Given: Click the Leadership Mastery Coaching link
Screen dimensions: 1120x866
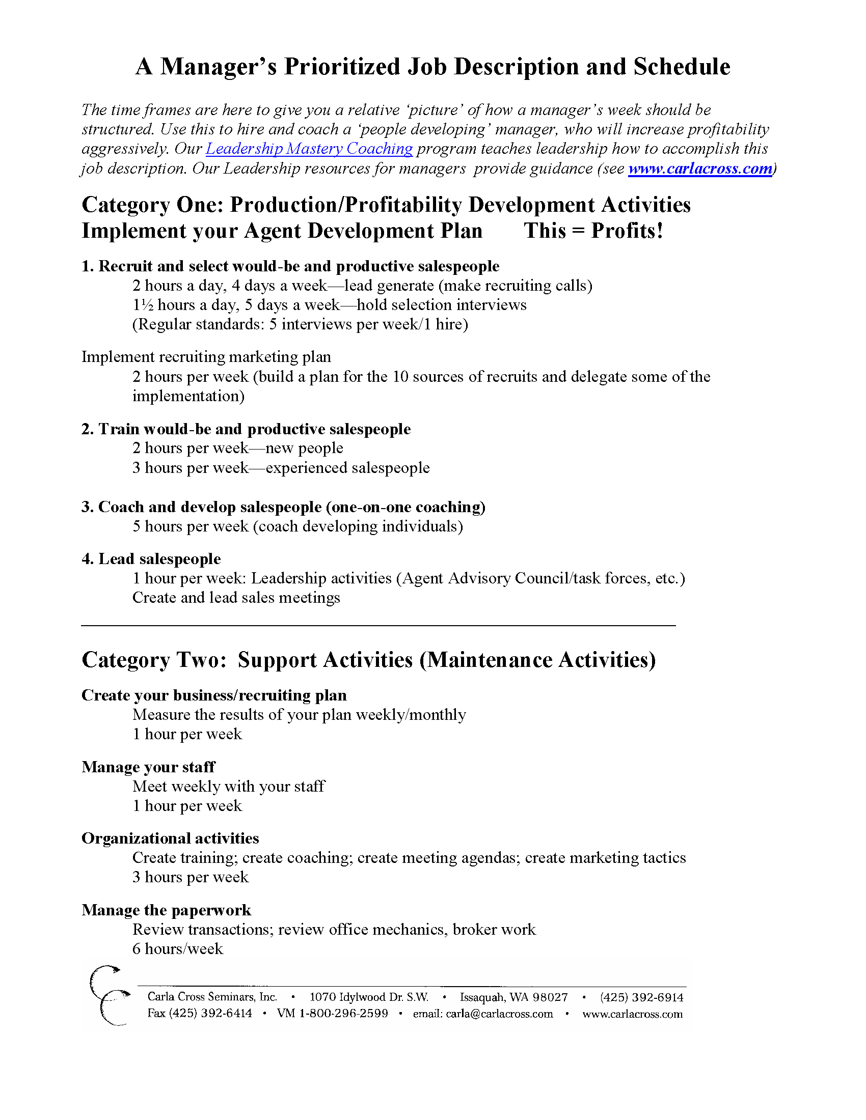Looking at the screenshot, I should (309, 149).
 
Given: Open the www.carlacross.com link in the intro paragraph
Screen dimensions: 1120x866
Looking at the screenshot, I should (700, 169).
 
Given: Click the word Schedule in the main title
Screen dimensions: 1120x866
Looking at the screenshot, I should (682, 67).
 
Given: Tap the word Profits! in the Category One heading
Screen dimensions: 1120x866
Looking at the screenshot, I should (627, 231).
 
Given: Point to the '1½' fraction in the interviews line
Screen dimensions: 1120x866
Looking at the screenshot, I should (143, 305).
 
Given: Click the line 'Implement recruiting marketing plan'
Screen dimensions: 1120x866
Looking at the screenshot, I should (206, 357).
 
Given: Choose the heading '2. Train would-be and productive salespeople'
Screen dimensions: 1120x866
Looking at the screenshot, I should (246, 429).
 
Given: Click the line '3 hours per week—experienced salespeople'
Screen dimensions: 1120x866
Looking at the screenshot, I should (281, 468).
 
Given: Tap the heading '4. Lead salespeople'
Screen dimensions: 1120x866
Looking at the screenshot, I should (151, 559).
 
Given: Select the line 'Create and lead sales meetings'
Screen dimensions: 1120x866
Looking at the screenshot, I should (236, 598).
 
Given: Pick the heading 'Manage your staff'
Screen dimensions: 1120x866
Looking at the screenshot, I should (148, 767).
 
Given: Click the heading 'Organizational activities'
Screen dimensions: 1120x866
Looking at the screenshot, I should (170, 838).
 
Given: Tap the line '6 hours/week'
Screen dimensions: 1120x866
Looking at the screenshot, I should (177, 949).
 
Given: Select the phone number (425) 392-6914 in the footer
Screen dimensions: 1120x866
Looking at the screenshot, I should (641, 997).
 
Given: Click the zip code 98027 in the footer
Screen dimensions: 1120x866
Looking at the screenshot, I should (550, 997).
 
